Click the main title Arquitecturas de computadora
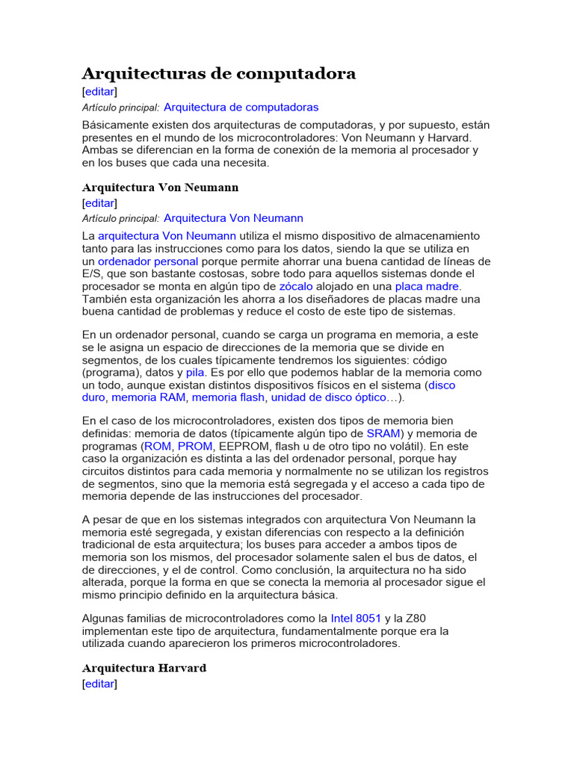tap(218, 73)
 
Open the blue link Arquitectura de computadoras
tap(241, 108)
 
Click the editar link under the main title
tap(99, 91)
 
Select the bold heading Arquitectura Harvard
tap(143, 668)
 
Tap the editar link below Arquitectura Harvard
tap(99, 684)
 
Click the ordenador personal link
tap(148, 261)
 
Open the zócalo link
tap(296, 286)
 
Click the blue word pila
tap(195, 373)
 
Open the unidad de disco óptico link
tap(329, 397)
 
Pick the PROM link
tap(195, 446)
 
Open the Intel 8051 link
tap(356, 619)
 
